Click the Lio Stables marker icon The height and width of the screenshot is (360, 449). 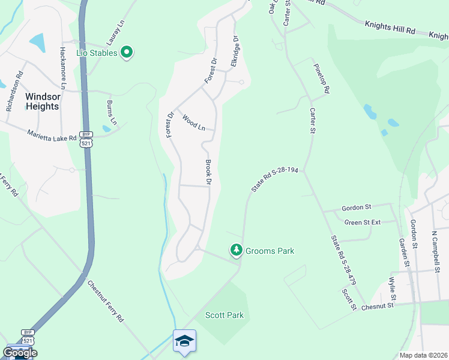click(x=126, y=53)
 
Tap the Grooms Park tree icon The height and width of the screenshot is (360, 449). click(x=237, y=250)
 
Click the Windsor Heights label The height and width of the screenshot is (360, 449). click(x=42, y=101)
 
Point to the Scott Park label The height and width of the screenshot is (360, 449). click(x=224, y=315)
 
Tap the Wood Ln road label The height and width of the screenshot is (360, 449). click(x=193, y=123)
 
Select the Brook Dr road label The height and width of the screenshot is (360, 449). click(x=209, y=172)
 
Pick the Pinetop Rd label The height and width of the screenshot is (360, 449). click(x=321, y=80)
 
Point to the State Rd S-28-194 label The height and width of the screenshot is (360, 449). click(x=275, y=179)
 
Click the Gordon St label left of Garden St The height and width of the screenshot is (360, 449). click(x=357, y=208)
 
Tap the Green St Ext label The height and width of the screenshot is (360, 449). click(x=363, y=222)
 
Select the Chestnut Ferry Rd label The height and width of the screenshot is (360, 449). click(x=105, y=301)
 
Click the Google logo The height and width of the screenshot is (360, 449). click(x=20, y=352)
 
